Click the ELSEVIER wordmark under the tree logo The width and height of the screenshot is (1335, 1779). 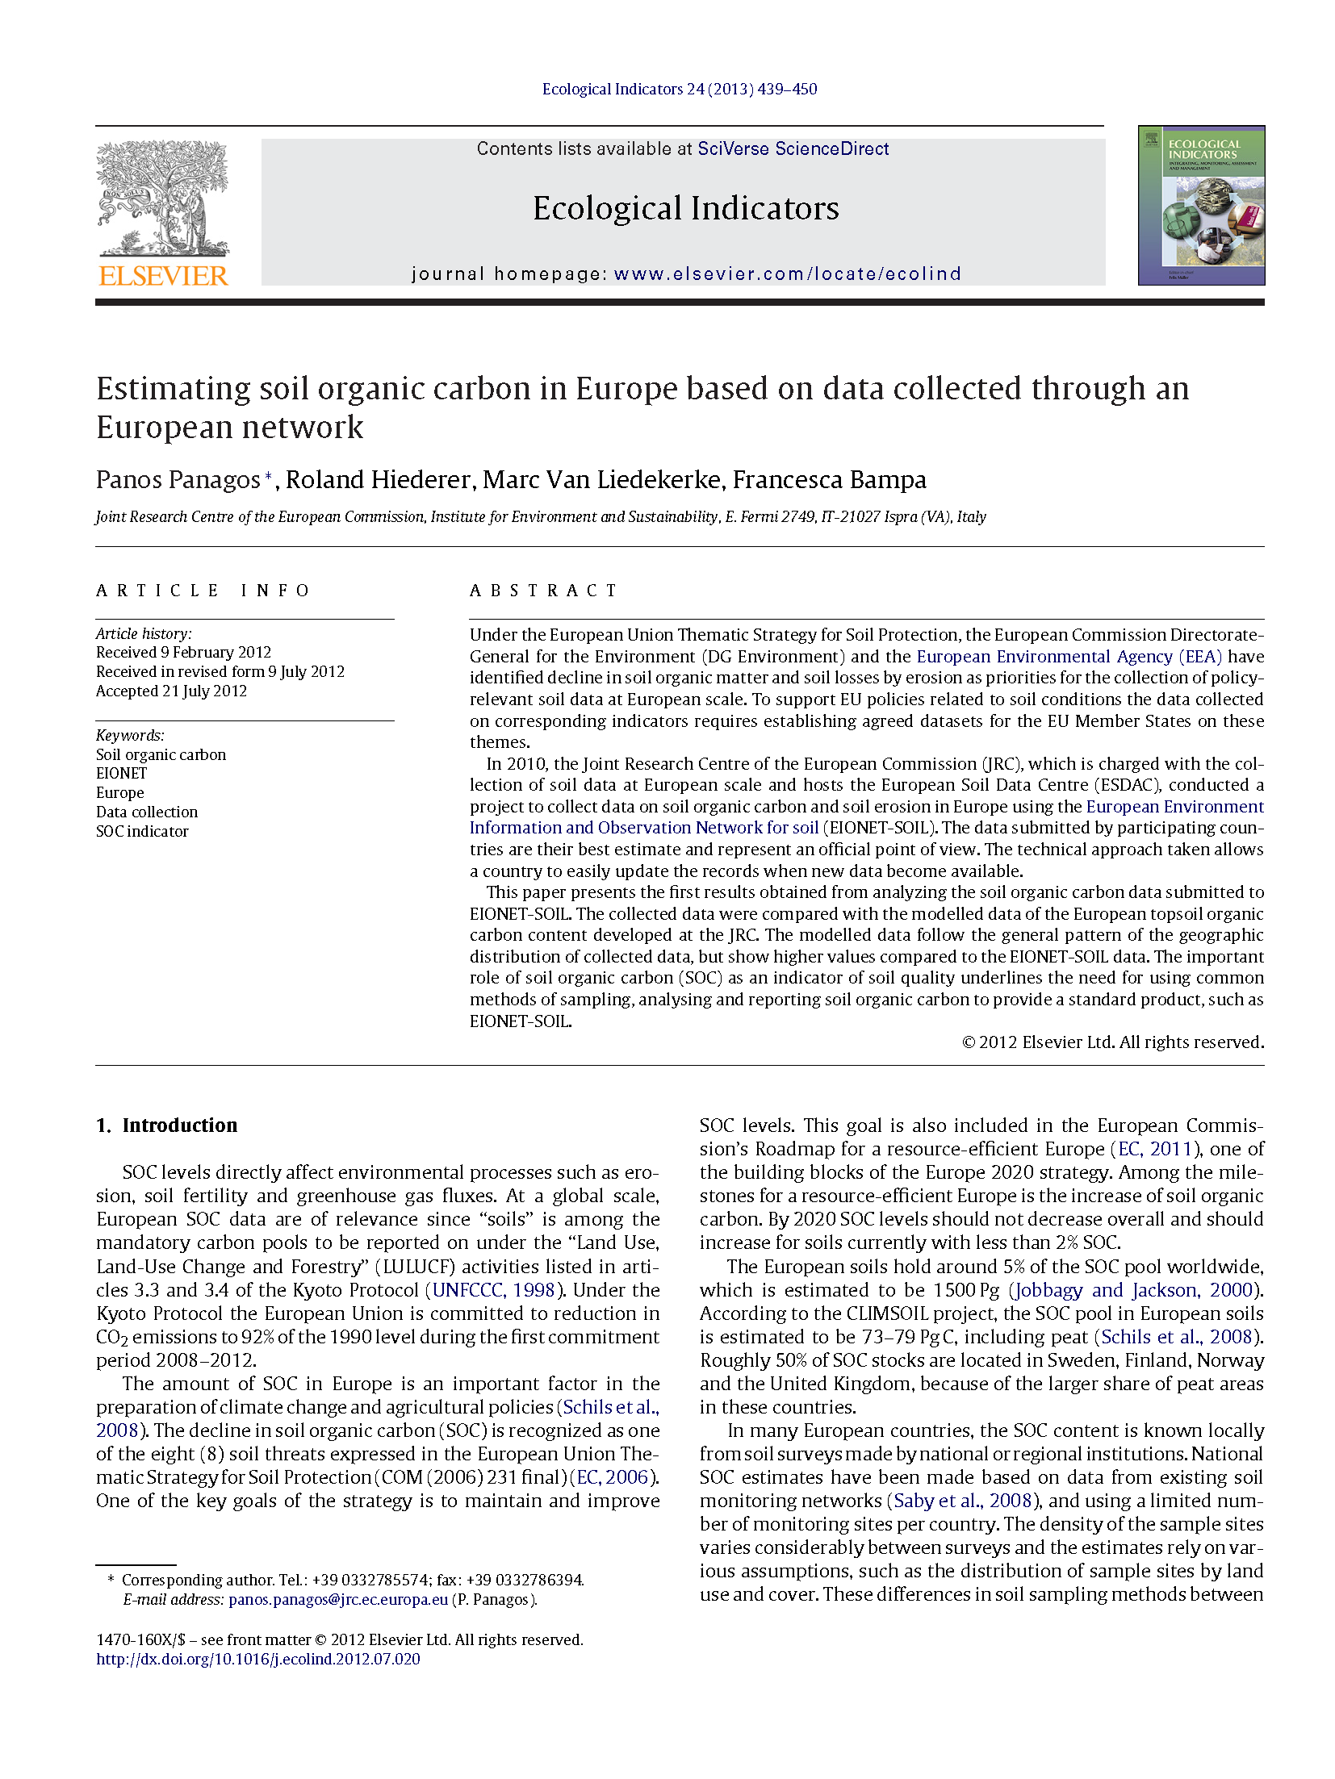(163, 276)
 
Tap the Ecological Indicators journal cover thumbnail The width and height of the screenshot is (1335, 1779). (1200, 205)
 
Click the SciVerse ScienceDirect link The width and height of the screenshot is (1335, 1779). (793, 149)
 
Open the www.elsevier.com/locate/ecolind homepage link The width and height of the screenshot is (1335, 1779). (787, 274)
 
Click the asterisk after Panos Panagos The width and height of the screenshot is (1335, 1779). (269, 477)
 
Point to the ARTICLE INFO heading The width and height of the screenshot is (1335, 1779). (203, 591)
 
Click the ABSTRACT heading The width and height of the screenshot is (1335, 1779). (543, 591)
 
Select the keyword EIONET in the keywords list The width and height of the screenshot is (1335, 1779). (121, 774)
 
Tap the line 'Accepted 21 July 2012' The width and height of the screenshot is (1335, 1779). (171, 691)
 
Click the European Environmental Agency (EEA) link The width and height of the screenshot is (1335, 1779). (1069, 657)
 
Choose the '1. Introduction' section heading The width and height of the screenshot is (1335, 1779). (167, 1125)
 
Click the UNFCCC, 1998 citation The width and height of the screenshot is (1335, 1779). (494, 1290)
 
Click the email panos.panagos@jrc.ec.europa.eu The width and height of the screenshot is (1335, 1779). (337, 1600)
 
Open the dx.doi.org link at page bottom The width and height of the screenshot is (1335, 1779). (258, 1660)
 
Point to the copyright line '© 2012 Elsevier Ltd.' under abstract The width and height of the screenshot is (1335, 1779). (1112, 1042)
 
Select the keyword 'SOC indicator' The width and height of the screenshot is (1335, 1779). (142, 832)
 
